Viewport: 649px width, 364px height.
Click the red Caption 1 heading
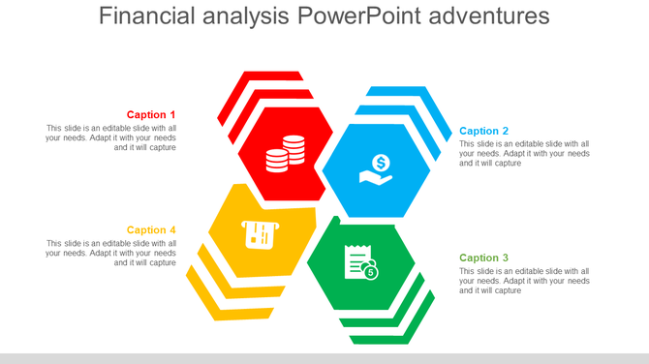click(x=151, y=114)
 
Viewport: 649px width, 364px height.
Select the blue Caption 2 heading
click(x=484, y=131)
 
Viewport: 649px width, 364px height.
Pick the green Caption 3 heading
click(x=484, y=258)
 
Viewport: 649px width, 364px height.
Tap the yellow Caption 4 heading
click(x=151, y=229)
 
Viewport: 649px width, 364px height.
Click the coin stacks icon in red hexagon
click(x=285, y=153)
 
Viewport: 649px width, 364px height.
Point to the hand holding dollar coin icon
click(x=377, y=170)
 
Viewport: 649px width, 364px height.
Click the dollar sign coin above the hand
click(x=381, y=162)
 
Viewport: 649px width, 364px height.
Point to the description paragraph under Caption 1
click(x=110, y=137)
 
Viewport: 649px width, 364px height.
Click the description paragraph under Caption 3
click(x=524, y=281)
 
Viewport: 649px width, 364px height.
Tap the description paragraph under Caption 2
click(x=524, y=153)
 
